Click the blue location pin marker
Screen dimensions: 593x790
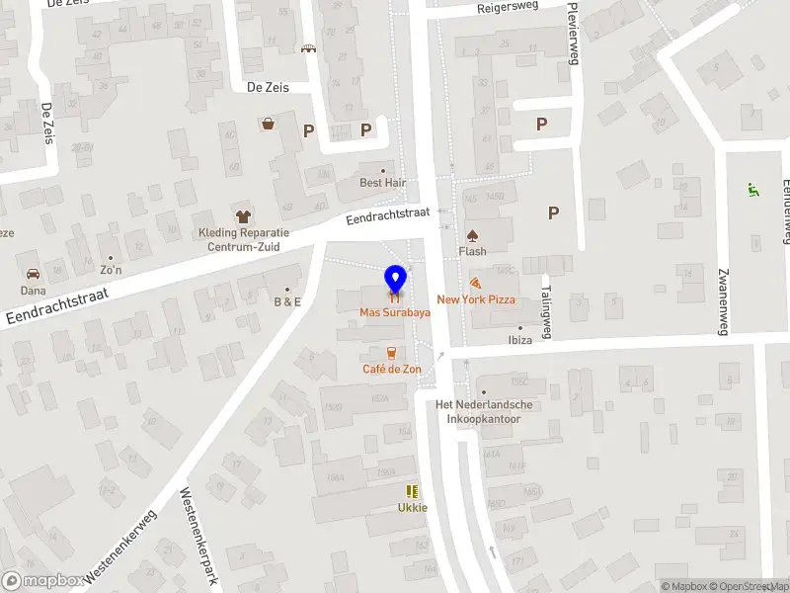395,280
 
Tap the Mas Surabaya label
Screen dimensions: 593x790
394,311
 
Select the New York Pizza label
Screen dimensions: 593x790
476,298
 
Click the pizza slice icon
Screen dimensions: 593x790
476,283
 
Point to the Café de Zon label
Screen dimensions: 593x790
392,369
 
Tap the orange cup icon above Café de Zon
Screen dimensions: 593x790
392,352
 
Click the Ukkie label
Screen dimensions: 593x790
413,507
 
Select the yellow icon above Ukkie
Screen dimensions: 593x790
412,491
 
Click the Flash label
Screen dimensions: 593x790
472,251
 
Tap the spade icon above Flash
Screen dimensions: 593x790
472,235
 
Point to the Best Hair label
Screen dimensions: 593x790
383,183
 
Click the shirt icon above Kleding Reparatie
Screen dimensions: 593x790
242,214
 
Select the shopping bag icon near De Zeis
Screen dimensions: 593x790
268,124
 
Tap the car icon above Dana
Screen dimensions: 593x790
32,274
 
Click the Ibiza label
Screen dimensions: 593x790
520,339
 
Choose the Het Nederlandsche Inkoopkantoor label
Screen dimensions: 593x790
485,411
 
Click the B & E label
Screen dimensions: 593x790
287,301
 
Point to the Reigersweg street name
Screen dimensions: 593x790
508,7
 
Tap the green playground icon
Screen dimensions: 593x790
752,189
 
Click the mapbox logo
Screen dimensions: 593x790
42,581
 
